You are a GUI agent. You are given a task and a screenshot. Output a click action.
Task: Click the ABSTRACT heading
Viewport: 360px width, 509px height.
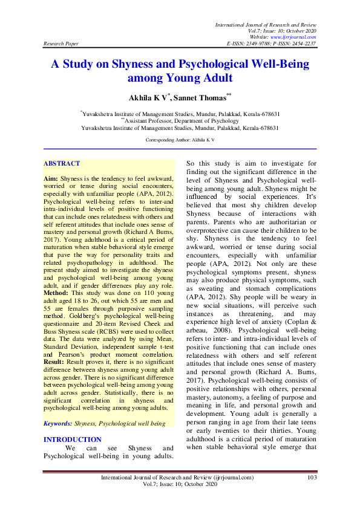coord(62,163)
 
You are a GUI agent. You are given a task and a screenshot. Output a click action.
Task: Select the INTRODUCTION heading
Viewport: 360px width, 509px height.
coord(73,439)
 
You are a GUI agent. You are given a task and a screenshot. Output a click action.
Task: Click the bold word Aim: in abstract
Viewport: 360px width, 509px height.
coord(51,180)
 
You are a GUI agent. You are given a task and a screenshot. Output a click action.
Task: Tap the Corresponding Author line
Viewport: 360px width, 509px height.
coord(180,139)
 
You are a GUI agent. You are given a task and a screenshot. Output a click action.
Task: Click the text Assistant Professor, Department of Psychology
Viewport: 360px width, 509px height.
coord(180,120)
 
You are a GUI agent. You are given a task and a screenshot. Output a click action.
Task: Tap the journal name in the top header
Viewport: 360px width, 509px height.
coord(266,22)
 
